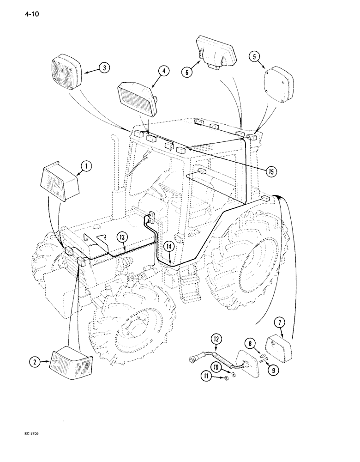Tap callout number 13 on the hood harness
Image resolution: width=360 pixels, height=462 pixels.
click(x=121, y=238)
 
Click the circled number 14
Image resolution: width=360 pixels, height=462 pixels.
click(x=169, y=248)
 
